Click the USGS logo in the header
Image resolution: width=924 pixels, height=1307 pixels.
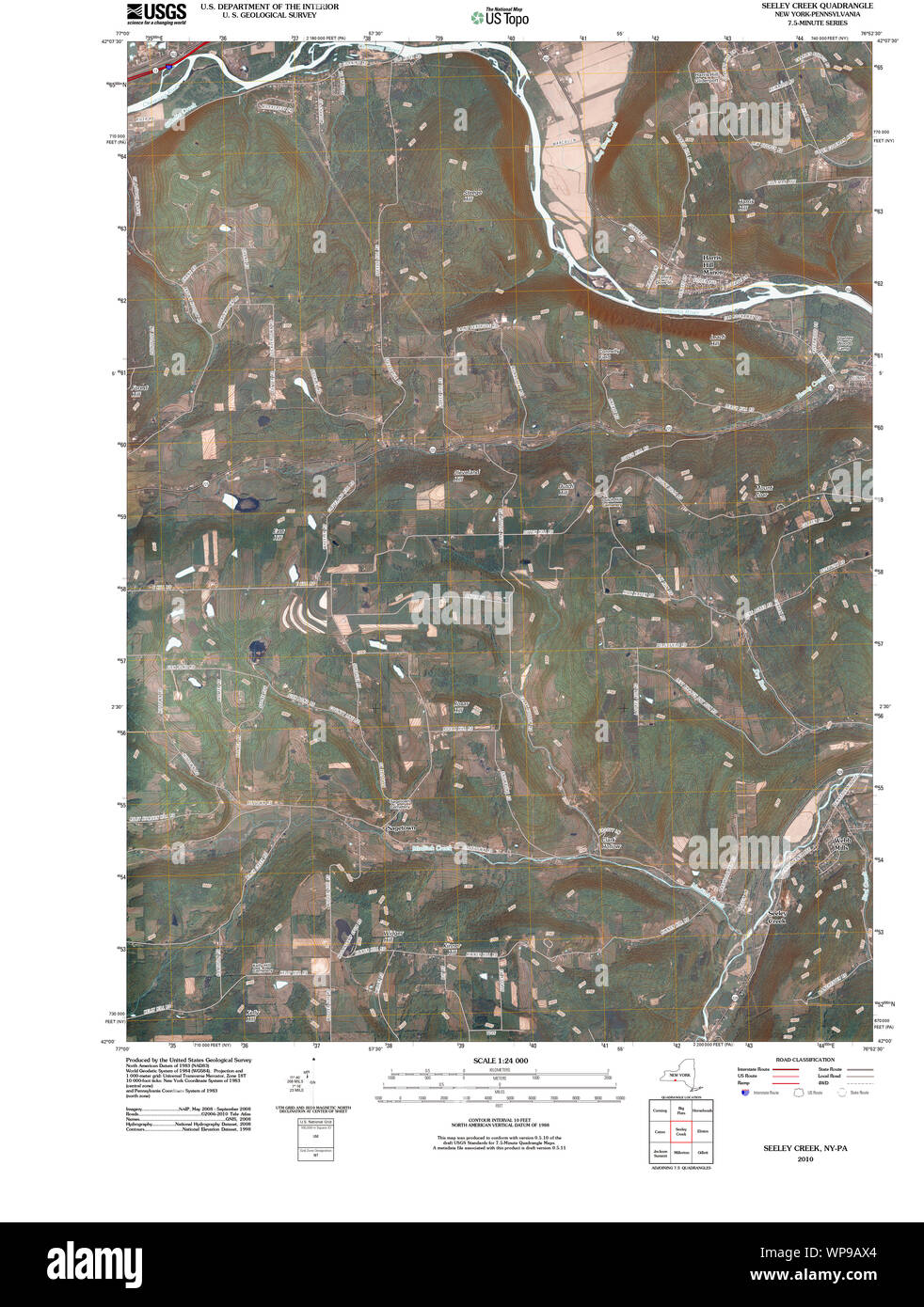pos(150,12)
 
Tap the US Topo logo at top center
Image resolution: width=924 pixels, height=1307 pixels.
pos(501,15)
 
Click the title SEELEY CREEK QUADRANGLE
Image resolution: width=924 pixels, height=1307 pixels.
pos(804,6)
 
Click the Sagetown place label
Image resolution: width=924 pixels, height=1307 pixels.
pos(401,828)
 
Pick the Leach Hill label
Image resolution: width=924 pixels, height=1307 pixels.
pos(718,339)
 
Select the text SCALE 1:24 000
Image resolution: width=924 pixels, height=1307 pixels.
pos(501,1061)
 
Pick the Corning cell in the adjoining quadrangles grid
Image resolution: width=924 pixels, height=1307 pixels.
pos(660,1111)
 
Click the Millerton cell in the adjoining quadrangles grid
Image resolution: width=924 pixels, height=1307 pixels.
pos(681,1153)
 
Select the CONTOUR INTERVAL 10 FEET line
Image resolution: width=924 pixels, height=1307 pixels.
pos(501,1120)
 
